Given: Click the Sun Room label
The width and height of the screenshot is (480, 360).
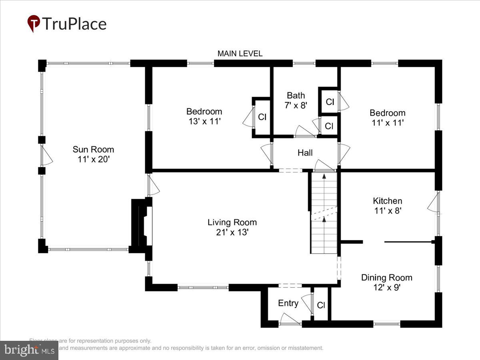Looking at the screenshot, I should click(93, 150).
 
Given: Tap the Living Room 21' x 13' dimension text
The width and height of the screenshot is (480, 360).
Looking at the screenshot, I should click(232, 232).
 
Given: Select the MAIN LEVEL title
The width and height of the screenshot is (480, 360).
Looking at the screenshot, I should click(240, 54).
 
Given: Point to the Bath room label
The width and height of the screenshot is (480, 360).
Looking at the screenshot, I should click(296, 95).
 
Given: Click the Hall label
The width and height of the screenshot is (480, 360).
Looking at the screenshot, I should click(305, 152).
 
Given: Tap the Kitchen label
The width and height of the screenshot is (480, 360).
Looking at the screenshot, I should click(387, 201).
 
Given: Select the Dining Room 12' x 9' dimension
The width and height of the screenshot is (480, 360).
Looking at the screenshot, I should click(386, 287).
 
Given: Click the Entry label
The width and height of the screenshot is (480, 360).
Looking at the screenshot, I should click(288, 303).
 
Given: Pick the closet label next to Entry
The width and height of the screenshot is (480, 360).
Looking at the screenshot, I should click(321, 305).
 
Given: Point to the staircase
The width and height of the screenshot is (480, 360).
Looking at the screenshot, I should click(324, 212).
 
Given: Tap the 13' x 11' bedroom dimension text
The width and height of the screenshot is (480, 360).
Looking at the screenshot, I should click(204, 122).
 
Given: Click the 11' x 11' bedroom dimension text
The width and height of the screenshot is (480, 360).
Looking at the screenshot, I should click(387, 123).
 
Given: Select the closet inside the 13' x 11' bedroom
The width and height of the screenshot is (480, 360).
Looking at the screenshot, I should click(262, 117).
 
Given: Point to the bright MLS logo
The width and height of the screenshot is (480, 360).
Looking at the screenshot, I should click(29, 350).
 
